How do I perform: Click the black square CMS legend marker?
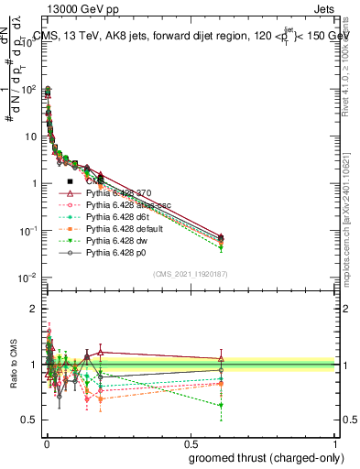point(70,182)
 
